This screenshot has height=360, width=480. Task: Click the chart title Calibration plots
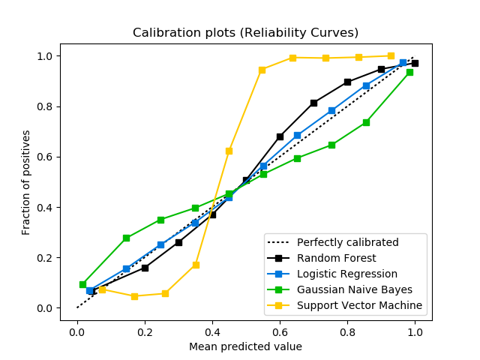pyautogui.click(x=245, y=32)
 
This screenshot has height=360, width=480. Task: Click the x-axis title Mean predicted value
pyautogui.click(x=245, y=346)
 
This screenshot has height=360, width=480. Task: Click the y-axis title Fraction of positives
pyautogui.click(x=26, y=182)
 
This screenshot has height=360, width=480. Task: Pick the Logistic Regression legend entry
pyautogui.click(x=346, y=274)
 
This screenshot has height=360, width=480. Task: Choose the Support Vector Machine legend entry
pyautogui.click(x=359, y=305)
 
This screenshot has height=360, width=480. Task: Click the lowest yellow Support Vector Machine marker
pyautogui.click(x=134, y=296)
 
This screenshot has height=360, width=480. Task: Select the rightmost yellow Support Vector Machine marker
pyautogui.click(x=391, y=55)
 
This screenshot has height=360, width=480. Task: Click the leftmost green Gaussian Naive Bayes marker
pyautogui.click(x=82, y=284)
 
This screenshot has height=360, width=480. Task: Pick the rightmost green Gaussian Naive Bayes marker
pyautogui.click(x=409, y=72)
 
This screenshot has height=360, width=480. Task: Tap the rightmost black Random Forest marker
pyautogui.click(x=415, y=63)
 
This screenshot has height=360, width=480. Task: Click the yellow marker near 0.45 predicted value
pyautogui.click(x=229, y=151)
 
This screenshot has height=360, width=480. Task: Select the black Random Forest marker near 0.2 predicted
pyautogui.click(x=145, y=268)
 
